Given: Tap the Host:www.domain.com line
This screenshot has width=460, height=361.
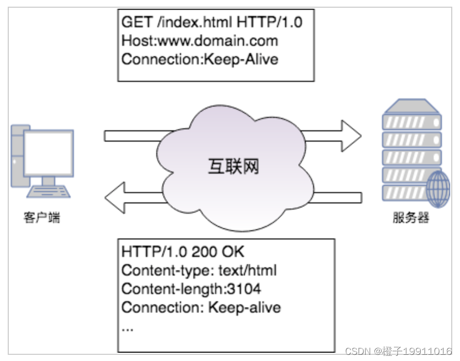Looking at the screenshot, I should [x=200, y=40].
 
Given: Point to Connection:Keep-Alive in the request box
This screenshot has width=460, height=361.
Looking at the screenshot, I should [x=200, y=59].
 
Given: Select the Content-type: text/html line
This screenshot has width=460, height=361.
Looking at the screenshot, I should [x=199, y=270].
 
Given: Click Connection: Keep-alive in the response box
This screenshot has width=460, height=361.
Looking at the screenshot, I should [x=201, y=307].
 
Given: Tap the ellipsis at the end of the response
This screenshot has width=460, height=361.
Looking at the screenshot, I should [x=127, y=328].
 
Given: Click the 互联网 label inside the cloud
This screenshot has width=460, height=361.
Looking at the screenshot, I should [x=233, y=167].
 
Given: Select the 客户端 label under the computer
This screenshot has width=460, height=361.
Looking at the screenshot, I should [x=42, y=218].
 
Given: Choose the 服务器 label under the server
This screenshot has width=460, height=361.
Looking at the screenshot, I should [x=411, y=218].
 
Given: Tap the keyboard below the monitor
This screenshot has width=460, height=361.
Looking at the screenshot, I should [x=48, y=192].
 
